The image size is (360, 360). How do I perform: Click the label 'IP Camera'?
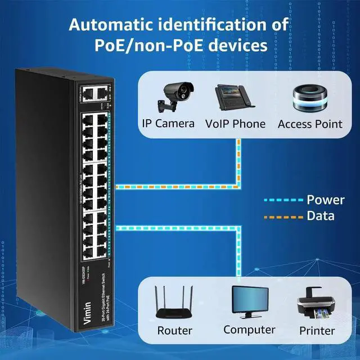pyautogui.click(x=168, y=124)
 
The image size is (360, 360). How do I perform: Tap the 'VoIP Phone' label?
pyautogui.click(x=235, y=124)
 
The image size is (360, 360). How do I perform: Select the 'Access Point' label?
pyautogui.click(x=310, y=124)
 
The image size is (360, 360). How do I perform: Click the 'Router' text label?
pyautogui.click(x=175, y=331)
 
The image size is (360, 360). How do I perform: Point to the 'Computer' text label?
pyautogui.click(x=249, y=330)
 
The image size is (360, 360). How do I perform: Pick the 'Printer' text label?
pyautogui.click(x=316, y=331)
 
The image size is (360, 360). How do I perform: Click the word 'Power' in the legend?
pyautogui.click(x=326, y=200)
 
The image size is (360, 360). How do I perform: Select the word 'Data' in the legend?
pyautogui.click(x=321, y=215)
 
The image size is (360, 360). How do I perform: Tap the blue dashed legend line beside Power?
pyautogui.click(x=284, y=200)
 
